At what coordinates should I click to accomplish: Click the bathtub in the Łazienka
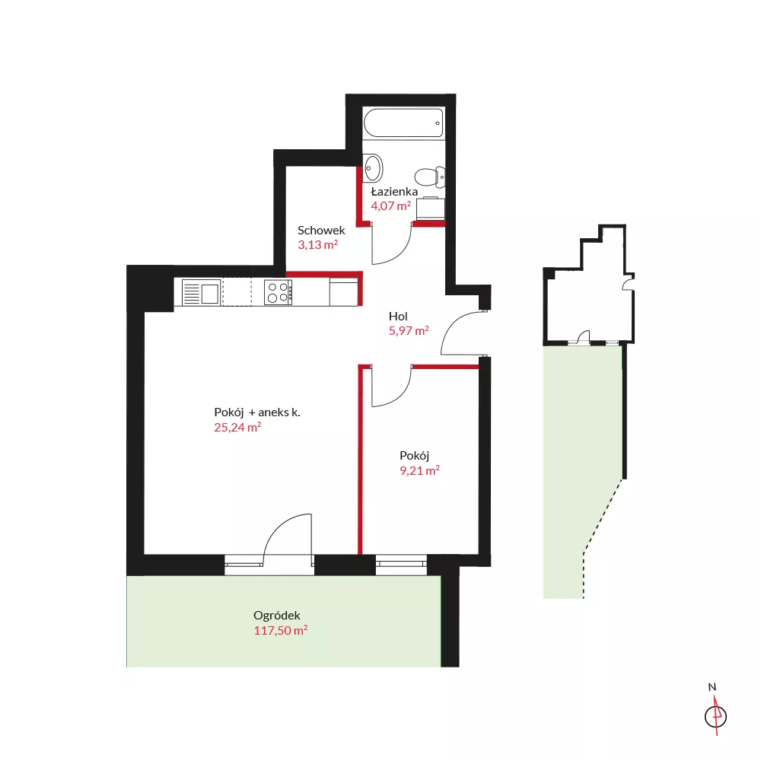(x=403, y=123)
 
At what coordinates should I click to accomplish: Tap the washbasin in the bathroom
(x=373, y=168)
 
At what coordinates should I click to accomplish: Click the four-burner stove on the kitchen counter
(x=278, y=292)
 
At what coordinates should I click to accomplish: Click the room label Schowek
(x=321, y=230)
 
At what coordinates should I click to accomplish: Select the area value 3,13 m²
(x=318, y=244)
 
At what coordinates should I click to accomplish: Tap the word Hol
(x=398, y=317)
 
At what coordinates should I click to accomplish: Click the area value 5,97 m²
(x=409, y=330)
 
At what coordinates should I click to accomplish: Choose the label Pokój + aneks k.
(x=257, y=412)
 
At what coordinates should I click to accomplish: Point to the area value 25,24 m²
(x=237, y=427)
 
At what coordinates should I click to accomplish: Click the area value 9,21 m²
(x=420, y=470)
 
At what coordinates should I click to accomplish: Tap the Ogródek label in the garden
(x=277, y=616)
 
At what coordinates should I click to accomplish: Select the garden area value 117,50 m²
(x=281, y=630)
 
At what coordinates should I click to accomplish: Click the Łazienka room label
(x=394, y=191)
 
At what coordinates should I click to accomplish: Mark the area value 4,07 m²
(x=390, y=205)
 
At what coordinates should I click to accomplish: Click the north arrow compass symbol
(x=715, y=716)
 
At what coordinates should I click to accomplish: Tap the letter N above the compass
(x=712, y=686)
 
